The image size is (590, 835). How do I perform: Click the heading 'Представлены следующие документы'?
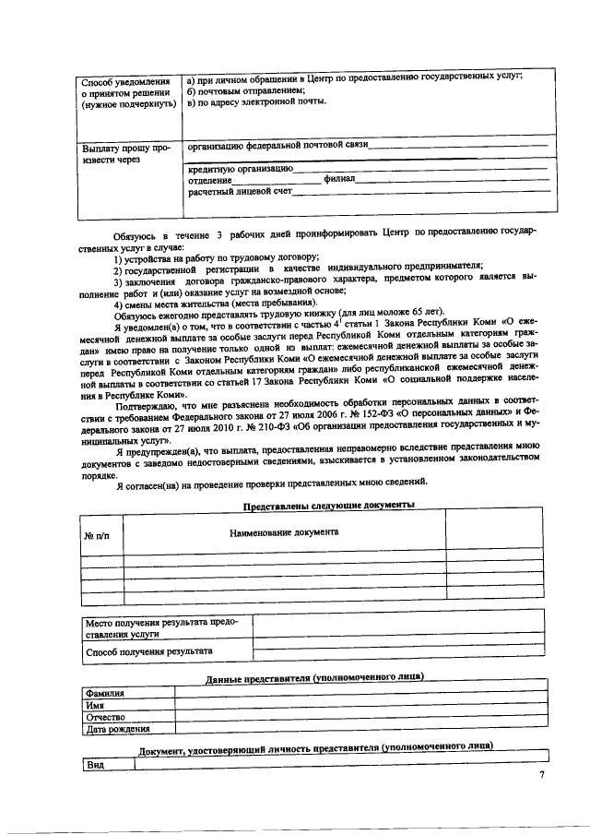click(x=328, y=505)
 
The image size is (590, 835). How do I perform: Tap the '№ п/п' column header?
click(x=97, y=536)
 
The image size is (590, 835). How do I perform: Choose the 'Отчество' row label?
click(x=104, y=717)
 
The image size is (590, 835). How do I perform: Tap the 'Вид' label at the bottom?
click(x=94, y=765)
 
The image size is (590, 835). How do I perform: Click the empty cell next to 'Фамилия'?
click(x=360, y=693)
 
